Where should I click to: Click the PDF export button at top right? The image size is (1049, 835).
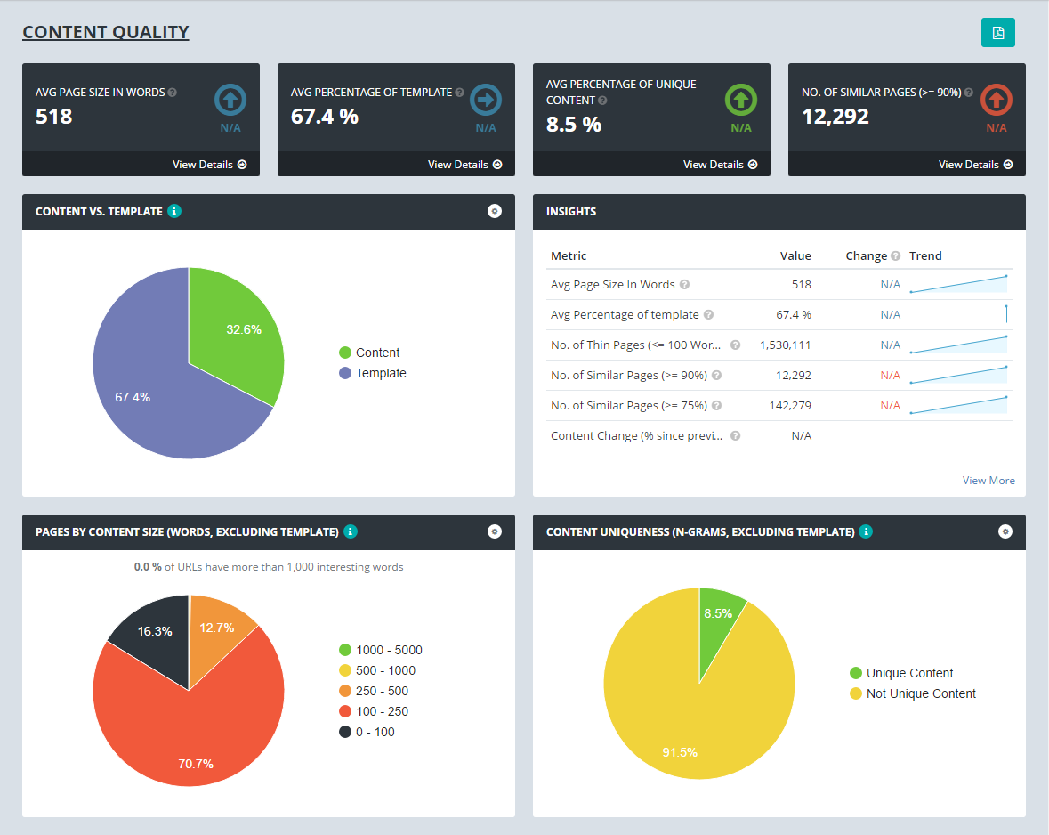point(997,33)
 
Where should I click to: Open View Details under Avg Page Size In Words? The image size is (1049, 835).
point(209,165)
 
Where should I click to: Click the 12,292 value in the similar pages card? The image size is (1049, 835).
point(835,116)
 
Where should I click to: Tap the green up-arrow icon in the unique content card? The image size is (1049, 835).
point(741,100)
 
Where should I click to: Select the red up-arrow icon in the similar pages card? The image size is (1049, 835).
point(997,100)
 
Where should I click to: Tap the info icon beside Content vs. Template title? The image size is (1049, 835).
point(174,212)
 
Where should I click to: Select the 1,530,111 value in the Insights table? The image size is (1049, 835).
point(784,345)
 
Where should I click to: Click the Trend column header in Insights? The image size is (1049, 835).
point(925,256)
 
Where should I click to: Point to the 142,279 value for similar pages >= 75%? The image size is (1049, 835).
point(790,406)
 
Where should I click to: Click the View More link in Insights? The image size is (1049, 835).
point(988,481)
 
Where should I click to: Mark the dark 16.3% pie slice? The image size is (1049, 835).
point(153,641)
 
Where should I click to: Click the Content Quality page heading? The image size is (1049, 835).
point(106,33)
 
